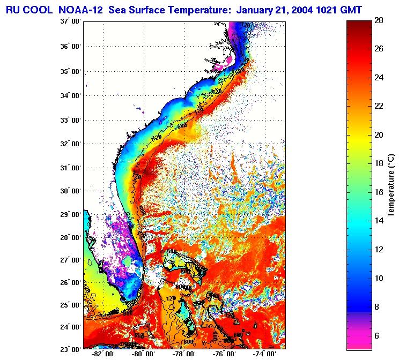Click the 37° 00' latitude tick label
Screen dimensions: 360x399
70,22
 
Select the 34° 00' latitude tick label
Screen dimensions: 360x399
70,95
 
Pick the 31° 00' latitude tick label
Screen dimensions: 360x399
70,168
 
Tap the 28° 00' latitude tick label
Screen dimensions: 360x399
70,238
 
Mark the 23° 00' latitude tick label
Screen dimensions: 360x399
70,349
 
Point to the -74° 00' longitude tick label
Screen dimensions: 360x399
264,355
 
